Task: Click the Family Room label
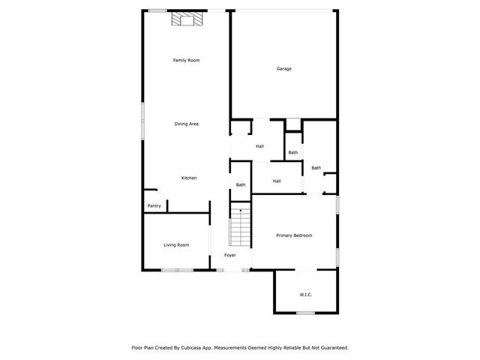[186, 60]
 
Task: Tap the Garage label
[283, 69]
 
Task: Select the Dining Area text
[186, 124]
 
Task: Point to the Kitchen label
[189, 178]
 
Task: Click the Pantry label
[154, 205]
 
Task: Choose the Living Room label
[176, 244]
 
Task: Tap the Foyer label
[229, 255]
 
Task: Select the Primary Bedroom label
[293, 235]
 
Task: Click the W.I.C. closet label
[305, 294]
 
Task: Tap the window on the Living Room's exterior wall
[177, 270]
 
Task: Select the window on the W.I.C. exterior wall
[305, 313]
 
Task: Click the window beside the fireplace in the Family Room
[157, 10]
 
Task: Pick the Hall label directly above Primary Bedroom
[277, 181]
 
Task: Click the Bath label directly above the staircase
[241, 184]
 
